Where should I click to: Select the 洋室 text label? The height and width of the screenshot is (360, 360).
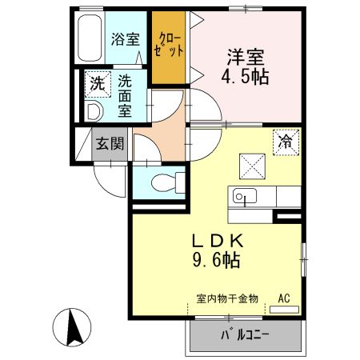[x=246, y=57]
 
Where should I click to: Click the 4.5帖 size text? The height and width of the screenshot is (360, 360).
[x=246, y=78]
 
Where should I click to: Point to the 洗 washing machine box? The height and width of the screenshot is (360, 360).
[x=98, y=82]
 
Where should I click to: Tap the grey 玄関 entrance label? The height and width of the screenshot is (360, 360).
[x=110, y=144]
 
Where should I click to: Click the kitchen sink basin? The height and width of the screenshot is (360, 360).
[x=243, y=195]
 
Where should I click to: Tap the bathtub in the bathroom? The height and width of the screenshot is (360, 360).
[x=87, y=39]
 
